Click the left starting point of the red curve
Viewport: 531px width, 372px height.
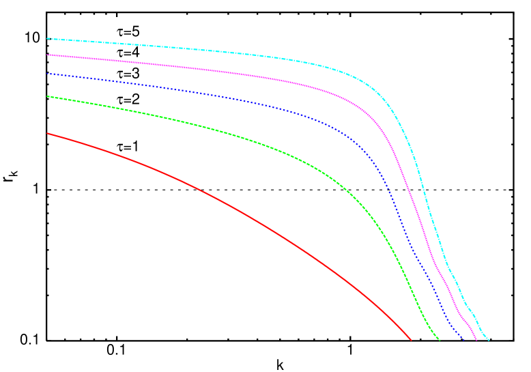point(47,133)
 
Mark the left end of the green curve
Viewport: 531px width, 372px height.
point(47,96)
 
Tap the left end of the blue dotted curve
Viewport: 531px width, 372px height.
point(47,74)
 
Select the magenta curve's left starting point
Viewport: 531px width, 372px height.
point(47,55)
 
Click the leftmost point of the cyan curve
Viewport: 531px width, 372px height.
point(47,39)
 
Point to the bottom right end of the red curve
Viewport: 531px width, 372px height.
point(411,339)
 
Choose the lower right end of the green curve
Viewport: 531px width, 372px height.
point(439,339)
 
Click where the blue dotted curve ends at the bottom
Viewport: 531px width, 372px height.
point(463,339)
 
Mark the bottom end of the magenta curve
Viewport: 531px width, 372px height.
point(476,339)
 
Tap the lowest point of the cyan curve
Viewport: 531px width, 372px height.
point(489,339)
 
